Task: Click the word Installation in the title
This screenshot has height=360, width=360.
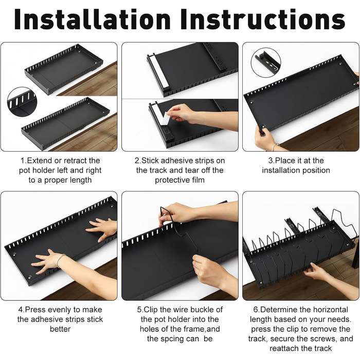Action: pos(92,20)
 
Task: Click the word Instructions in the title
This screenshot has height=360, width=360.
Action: pos(263,20)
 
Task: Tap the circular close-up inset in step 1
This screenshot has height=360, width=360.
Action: pos(22,102)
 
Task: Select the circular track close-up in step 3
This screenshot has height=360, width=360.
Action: pos(266,62)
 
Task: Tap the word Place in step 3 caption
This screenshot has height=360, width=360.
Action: pos(285,160)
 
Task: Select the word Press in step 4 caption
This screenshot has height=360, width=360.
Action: pos(34,310)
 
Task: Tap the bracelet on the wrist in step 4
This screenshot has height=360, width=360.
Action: pos(60,260)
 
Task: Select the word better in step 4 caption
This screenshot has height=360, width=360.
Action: pos(60,329)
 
